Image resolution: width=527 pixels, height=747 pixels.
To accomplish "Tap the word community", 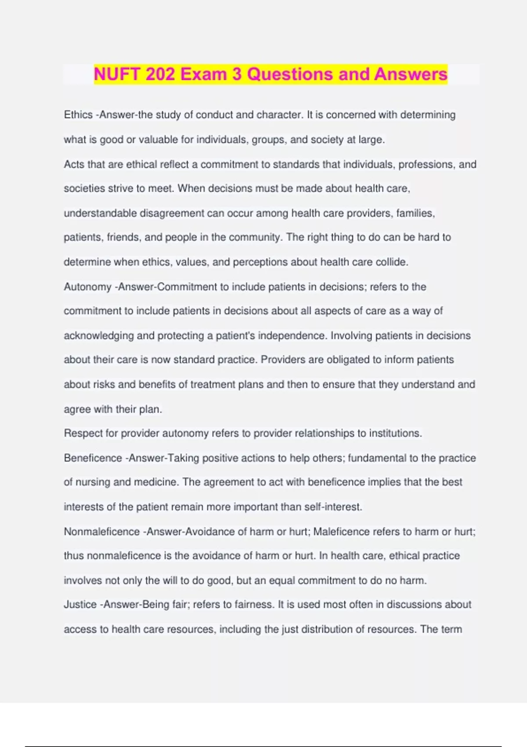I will point(255,237).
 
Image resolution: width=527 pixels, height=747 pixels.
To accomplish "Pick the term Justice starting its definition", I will point(80,605).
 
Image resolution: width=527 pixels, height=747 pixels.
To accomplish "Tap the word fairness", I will point(254,605).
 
